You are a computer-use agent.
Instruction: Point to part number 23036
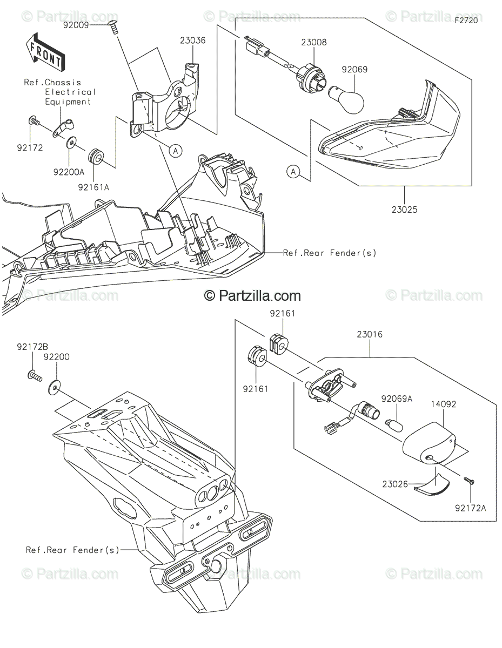[x=193, y=39]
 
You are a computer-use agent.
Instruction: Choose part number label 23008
[x=313, y=42]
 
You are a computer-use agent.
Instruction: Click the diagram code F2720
[x=466, y=21]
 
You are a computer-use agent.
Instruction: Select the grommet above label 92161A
[x=96, y=157]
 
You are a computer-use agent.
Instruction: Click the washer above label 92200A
[x=71, y=143]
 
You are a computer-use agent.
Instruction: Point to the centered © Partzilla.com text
[x=252, y=295]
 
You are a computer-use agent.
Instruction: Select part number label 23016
[x=370, y=334]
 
